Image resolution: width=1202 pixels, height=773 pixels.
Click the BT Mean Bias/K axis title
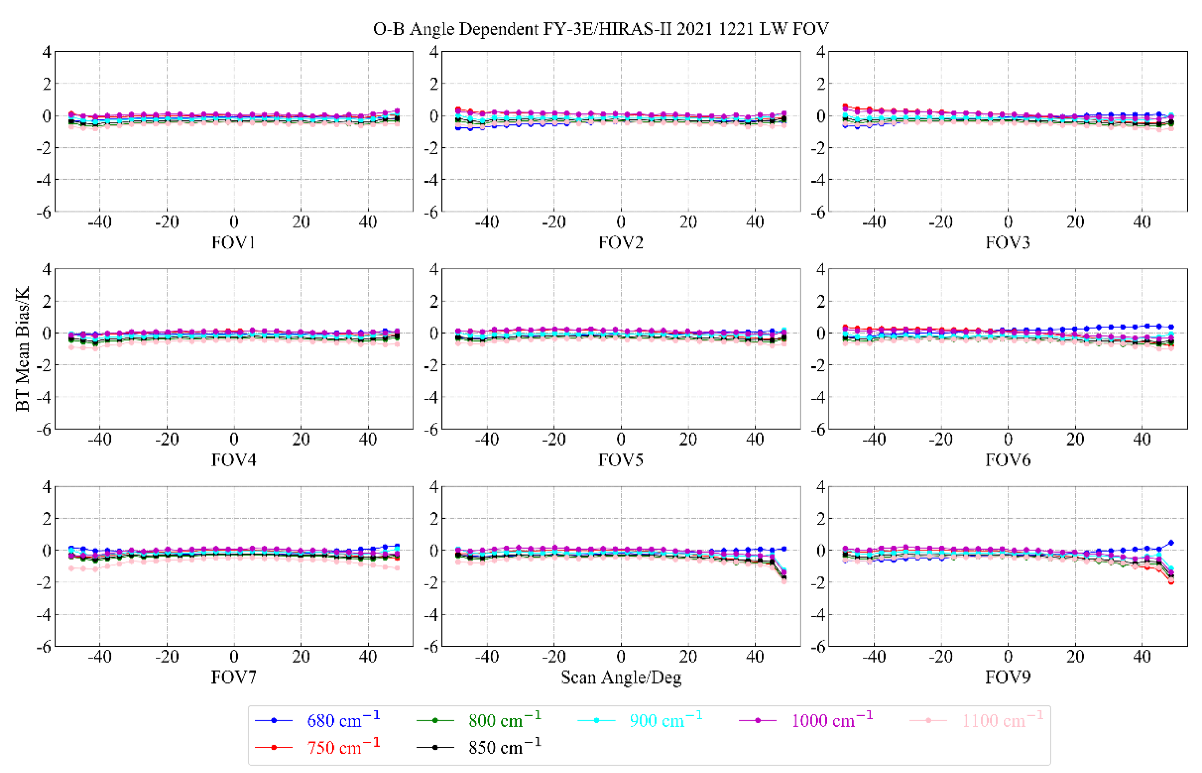tap(23, 349)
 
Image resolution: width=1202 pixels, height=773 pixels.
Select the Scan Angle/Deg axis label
tap(621, 677)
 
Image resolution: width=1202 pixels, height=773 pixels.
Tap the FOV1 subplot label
tap(234, 242)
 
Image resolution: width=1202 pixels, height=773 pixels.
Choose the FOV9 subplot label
tap(1008, 677)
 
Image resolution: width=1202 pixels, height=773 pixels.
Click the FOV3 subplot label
tap(1008, 242)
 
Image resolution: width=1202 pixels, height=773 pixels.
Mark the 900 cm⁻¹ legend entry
tap(666, 721)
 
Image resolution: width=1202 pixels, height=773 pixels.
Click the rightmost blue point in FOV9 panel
tap(1171, 543)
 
